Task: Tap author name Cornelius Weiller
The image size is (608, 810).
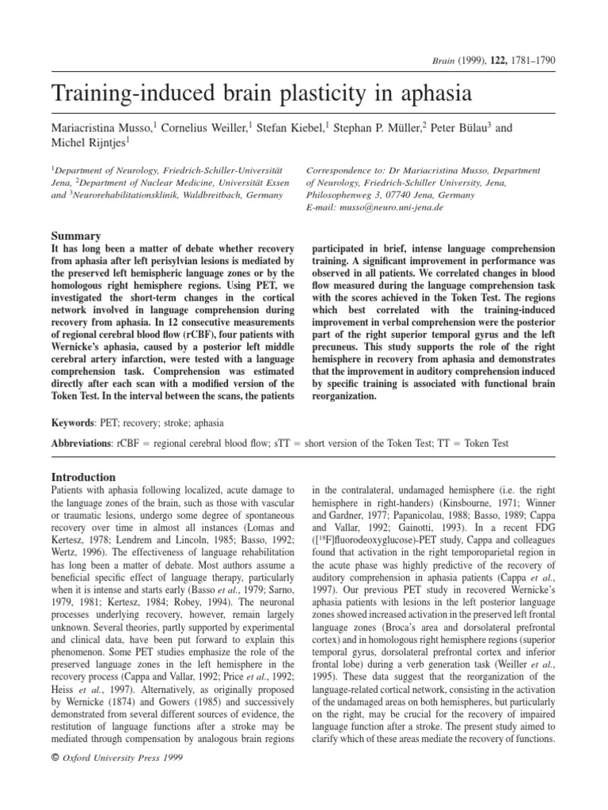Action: (208, 128)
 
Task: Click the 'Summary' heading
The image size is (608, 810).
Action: (76, 236)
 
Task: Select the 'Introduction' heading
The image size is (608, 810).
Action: (83, 477)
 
